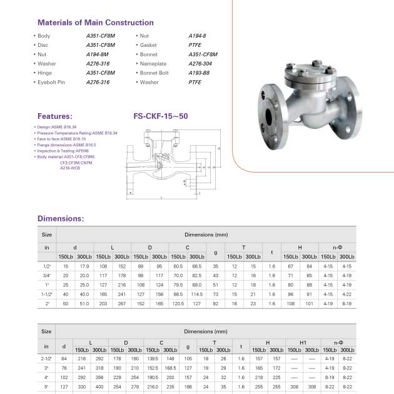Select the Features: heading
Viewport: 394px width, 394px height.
coord(55,116)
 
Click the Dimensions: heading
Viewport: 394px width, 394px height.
coord(61,219)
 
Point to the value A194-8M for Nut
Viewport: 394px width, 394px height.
coord(98,54)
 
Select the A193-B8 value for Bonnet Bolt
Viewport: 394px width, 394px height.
coord(200,73)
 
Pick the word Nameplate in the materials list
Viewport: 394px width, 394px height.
coord(154,63)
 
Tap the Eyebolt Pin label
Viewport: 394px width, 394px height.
coord(53,82)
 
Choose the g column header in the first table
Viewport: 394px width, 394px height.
coord(215,252)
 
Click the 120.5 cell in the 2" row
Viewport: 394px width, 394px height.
coord(178,303)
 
